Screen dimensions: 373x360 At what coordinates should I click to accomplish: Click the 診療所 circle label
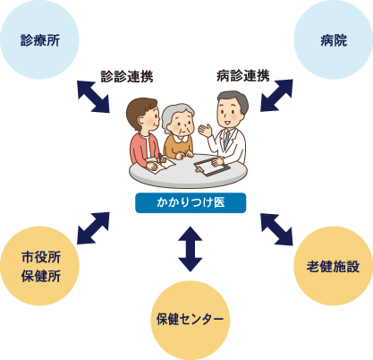coord(40,40)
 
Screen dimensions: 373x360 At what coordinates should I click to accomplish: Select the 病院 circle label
coord(334,40)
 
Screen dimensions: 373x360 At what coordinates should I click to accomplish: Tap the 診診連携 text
coord(127,76)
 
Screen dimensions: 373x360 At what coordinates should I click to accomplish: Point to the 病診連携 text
coord(243,75)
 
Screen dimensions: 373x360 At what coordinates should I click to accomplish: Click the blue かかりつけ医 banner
coord(191,202)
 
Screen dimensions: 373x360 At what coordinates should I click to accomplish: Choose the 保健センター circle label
coord(190,319)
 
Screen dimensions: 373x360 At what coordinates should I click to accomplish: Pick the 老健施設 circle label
coord(333,266)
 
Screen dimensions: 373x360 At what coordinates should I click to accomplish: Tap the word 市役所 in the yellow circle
coord(41,257)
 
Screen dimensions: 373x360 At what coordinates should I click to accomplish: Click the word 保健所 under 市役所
coord(41,276)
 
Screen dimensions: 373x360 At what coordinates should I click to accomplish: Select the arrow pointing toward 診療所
coord(93,97)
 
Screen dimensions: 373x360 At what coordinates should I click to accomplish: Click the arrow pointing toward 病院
coord(276,96)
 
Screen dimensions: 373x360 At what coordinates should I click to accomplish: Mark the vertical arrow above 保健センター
coord(191,249)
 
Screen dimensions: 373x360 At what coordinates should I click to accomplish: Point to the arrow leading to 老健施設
coord(276,229)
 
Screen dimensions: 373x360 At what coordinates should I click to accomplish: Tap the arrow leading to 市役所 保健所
coord(93,228)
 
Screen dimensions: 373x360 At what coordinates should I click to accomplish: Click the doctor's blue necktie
coord(227,140)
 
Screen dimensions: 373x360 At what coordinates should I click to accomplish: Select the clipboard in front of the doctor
coord(212,167)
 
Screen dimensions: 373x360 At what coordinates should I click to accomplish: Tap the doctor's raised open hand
coord(206,130)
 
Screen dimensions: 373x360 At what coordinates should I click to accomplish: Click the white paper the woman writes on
coord(160,164)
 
